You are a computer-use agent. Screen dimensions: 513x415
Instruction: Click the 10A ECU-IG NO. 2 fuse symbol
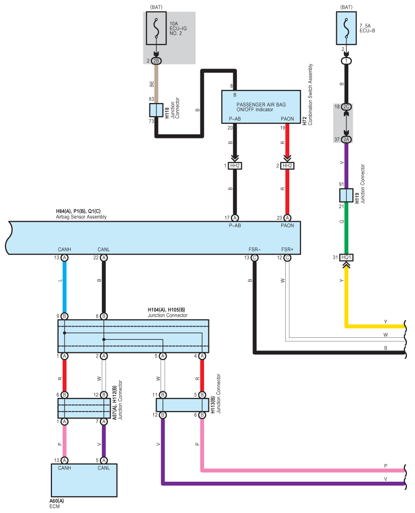pos(157,29)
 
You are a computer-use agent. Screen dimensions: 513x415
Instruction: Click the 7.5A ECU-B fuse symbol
pos(346,29)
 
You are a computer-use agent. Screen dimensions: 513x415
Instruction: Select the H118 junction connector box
pos(157,110)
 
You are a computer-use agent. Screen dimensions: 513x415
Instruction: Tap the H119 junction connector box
pos(346,195)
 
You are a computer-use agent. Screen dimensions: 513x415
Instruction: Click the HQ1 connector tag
pos(346,258)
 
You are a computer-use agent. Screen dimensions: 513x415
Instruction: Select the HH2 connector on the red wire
pos(287,166)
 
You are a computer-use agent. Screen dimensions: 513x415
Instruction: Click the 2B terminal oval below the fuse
pos(157,61)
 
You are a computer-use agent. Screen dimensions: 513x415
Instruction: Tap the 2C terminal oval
pos(346,107)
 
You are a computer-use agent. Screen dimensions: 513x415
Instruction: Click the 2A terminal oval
pos(346,139)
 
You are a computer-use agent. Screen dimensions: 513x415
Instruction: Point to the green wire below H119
pos(346,227)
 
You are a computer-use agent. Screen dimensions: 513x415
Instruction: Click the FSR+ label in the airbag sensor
pos(287,249)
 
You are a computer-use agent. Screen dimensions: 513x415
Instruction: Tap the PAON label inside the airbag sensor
pos(287,226)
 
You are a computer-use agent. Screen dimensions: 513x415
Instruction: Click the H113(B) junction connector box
pos(182,405)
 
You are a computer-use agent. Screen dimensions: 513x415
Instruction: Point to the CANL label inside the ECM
pos(103,468)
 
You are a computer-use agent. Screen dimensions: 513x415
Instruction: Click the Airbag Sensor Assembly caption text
pos(81,217)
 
